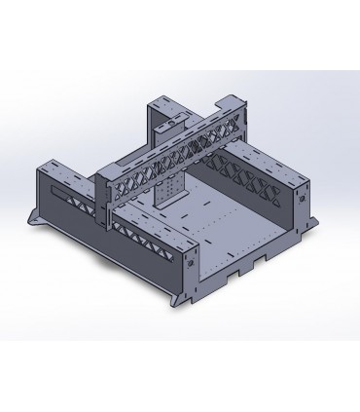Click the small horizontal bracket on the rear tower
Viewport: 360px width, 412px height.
coord(172,125)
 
